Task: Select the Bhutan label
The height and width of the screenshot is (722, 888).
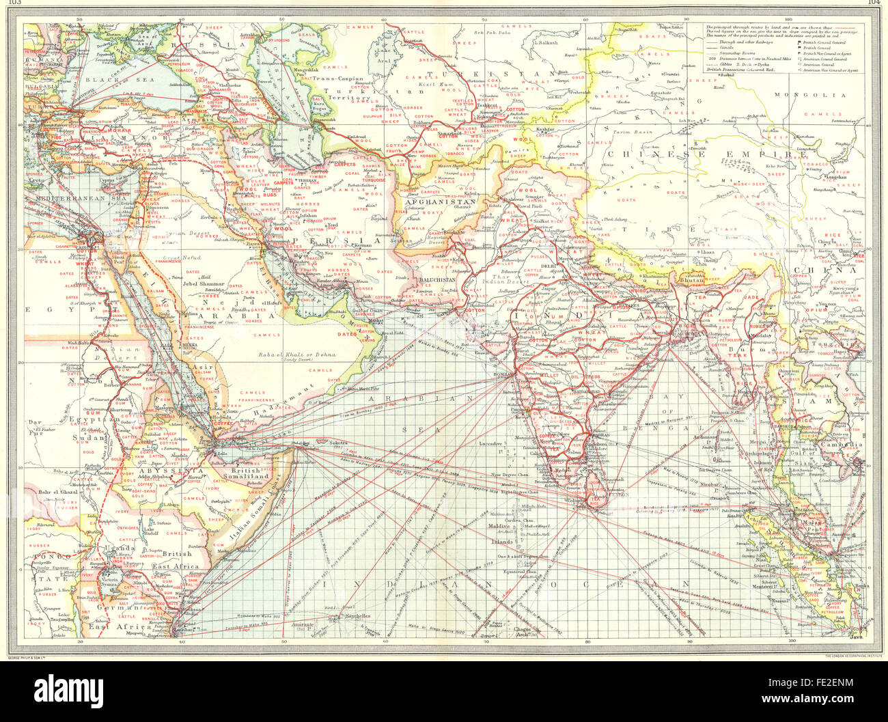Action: click(x=692, y=280)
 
